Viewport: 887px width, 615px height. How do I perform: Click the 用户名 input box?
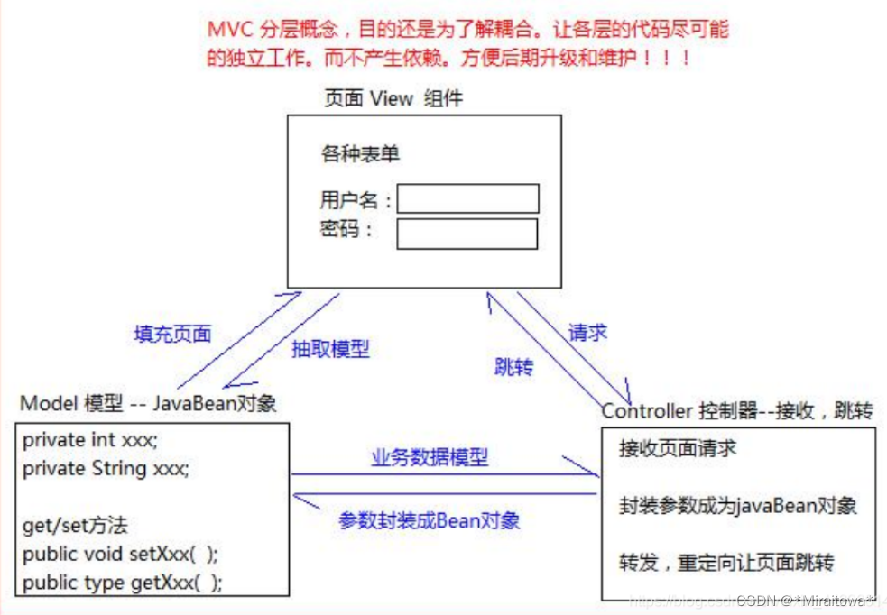(x=467, y=198)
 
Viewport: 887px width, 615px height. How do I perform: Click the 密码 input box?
(x=467, y=234)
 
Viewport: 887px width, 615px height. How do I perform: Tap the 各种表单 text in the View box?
(x=360, y=154)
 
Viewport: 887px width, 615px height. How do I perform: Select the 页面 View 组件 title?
(x=393, y=98)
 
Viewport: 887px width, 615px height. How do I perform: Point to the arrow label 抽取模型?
(x=330, y=350)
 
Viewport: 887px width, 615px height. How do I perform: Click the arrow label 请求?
(x=587, y=332)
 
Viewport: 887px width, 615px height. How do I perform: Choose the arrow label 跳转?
(x=513, y=367)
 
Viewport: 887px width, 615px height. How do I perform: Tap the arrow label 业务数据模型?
(x=430, y=457)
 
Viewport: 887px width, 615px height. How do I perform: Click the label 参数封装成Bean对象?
(x=430, y=520)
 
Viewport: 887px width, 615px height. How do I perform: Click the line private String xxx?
(x=106, y=468)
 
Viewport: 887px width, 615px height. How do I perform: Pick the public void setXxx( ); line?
(x=120, y=553)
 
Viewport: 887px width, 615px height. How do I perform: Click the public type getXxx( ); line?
(x=122, y=583)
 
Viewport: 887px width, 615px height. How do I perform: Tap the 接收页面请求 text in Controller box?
(x=678, y=448)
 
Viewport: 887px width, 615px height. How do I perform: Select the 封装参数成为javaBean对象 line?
(x=737, y=505)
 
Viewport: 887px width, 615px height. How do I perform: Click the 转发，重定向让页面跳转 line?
(x=726, y=563)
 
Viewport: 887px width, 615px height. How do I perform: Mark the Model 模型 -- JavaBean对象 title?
(x=148, y=403)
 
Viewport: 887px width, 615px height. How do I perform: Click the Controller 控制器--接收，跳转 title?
(x=737, y=411)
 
